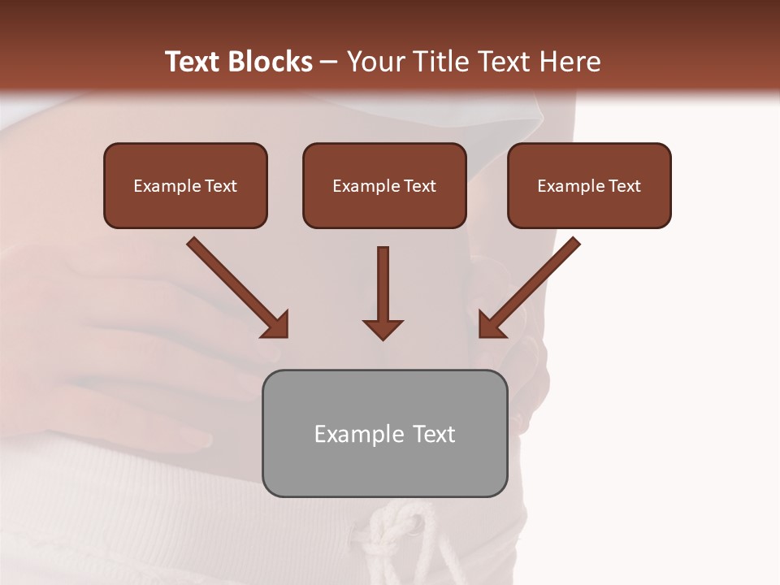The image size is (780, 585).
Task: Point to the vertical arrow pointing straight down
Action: (383, 284)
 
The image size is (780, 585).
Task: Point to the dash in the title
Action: (329, 63)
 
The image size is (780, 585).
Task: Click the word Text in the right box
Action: (624, 186)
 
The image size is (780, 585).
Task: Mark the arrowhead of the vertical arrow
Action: (383, 329)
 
